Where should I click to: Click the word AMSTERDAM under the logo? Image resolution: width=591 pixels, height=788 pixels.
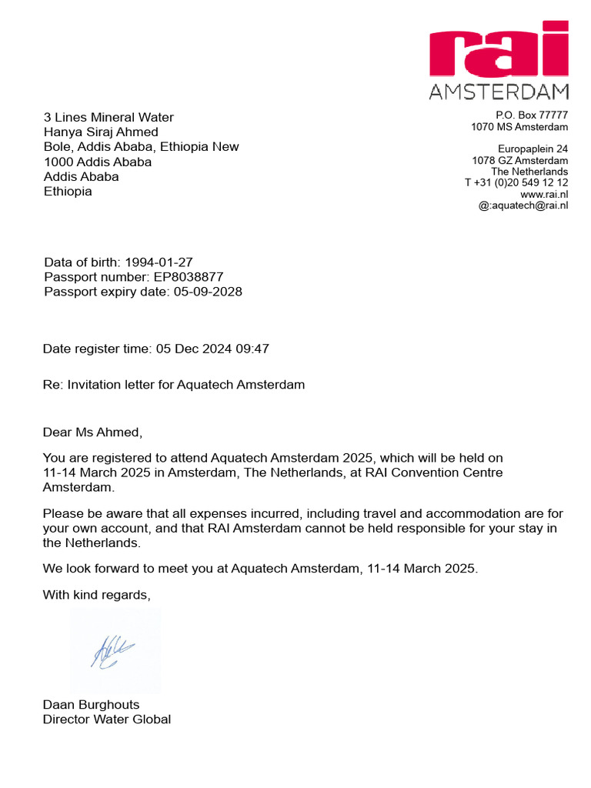tap(499, 92)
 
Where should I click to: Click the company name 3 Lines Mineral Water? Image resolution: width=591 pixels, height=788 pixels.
tap(109, 118)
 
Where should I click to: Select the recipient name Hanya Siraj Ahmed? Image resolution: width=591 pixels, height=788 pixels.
tap(101, 132)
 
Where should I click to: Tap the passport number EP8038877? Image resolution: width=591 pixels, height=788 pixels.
tap(189, 277)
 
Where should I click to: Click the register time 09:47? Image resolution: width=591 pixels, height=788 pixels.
tap(252, 349)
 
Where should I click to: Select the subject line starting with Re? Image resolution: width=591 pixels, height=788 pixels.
tap(174, 385)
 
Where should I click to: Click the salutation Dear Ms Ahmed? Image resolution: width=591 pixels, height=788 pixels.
tap(92, 432)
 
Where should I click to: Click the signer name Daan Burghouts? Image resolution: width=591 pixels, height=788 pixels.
tap(92, 705)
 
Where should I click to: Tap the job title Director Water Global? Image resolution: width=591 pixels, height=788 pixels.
tap(107, 720)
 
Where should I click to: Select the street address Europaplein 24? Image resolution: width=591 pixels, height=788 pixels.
tap(533, 149)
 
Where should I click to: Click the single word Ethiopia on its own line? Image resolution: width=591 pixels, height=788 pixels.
tap(68, 192)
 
